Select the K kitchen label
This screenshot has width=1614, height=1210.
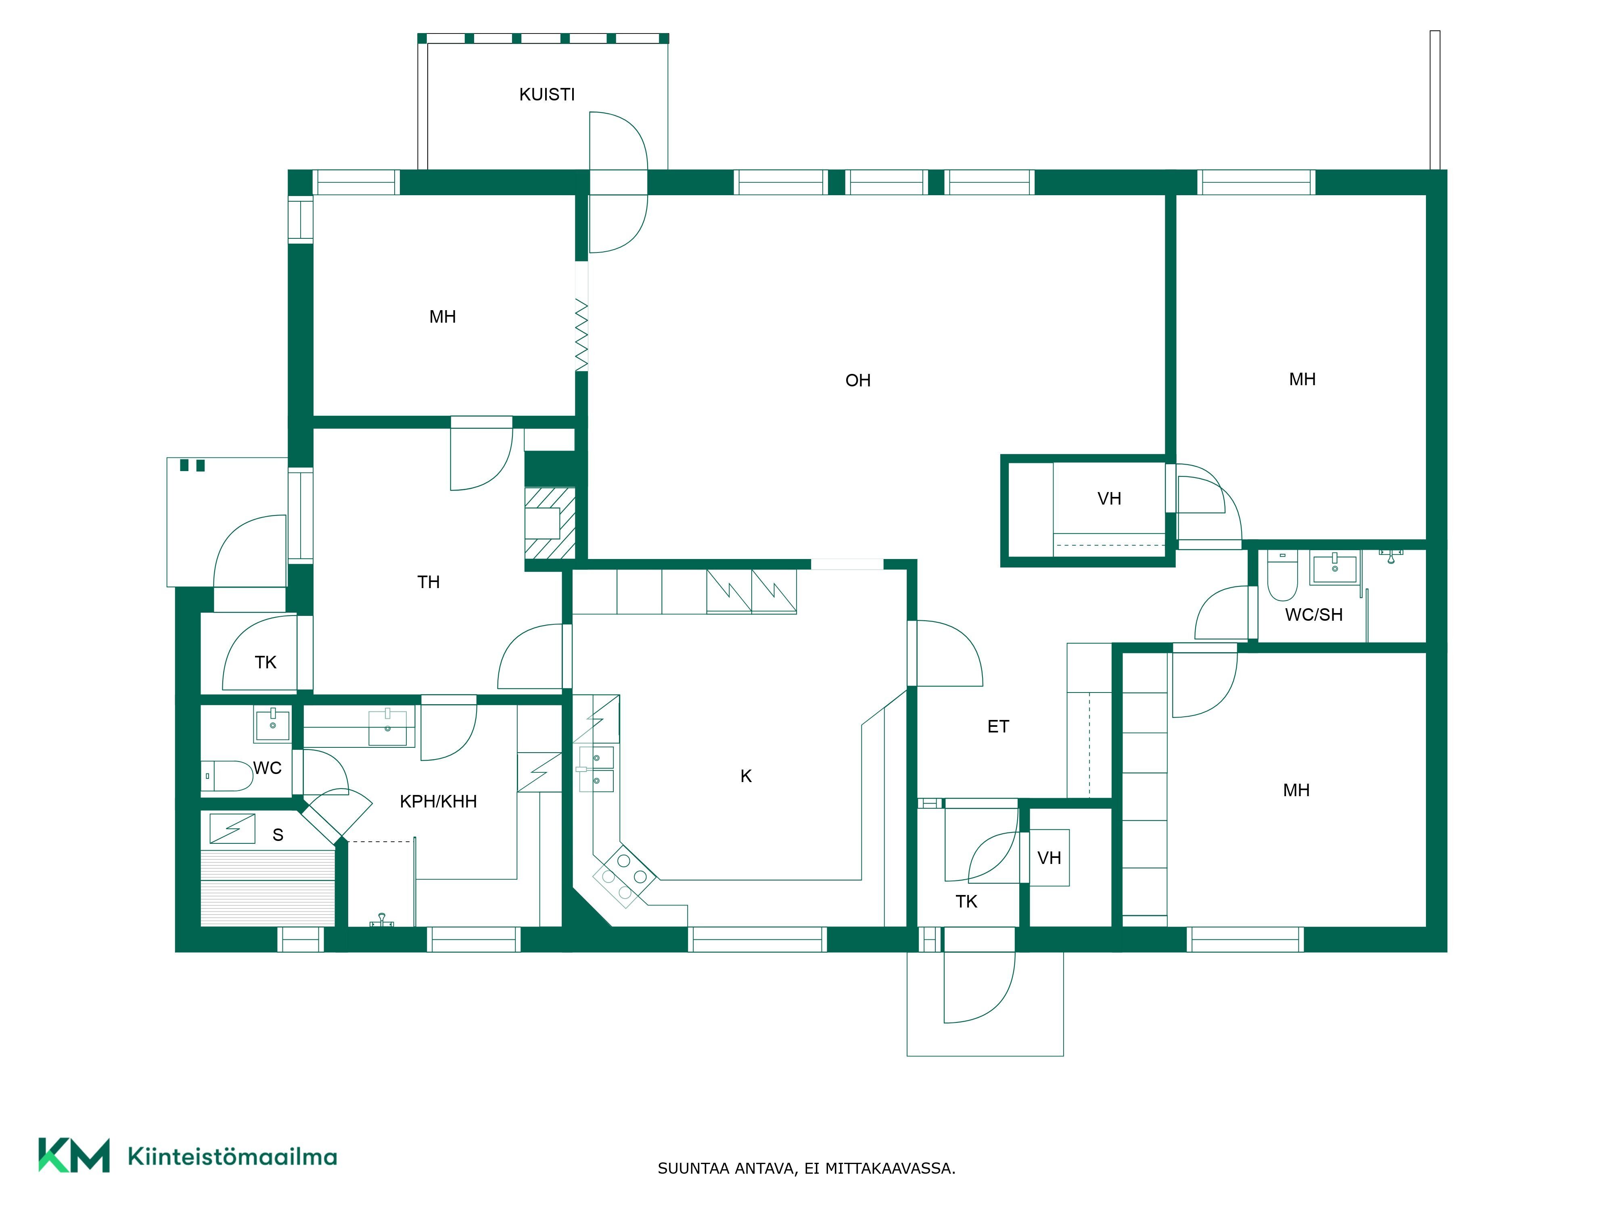tap(746, 776)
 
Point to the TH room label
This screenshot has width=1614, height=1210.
tap(428, 582)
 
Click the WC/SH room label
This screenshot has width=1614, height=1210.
tap(1313, 615)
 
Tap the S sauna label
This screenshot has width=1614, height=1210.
tap(278, 835)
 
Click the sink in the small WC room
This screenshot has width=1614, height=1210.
tap(272, 724)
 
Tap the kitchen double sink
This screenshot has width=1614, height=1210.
tap(596, 769)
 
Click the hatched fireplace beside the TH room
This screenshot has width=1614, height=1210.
tap(550, 523)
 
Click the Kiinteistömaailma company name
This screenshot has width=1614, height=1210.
tap(232, 1157)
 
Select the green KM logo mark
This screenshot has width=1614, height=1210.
tap(74, 1155)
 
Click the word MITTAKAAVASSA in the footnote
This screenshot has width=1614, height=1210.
tap(890, 1168)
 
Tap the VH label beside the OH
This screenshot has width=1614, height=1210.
tap(1109, 499)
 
